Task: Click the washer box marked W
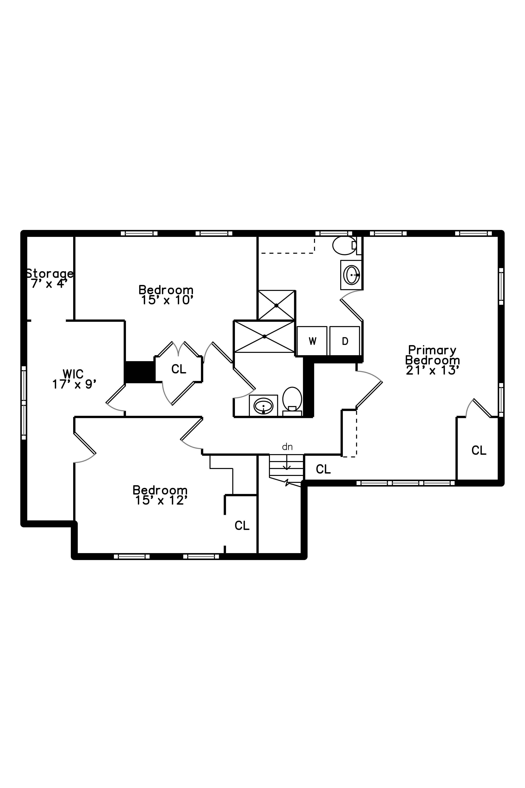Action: [312, 341]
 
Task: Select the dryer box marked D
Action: [344, 341]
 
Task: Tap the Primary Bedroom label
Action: [432, 355]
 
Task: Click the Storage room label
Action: [50, 274]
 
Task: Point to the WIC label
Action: [73, 374]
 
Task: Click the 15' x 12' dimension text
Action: [161, 500]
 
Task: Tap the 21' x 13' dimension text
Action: [432, 370]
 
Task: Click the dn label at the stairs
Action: [287, 447]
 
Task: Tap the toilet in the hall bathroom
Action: [292, 401]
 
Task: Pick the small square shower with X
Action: [276, 305]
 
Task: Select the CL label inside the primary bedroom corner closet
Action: [479, 450]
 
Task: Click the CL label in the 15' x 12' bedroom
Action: [242, 526]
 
